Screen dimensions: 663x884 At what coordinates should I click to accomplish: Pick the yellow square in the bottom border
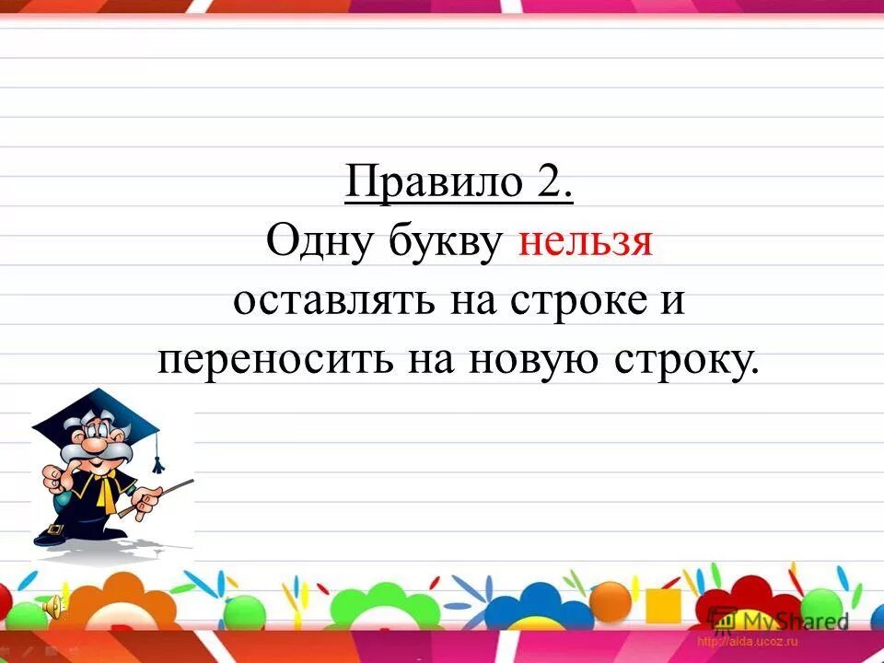(x=662, y=605)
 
